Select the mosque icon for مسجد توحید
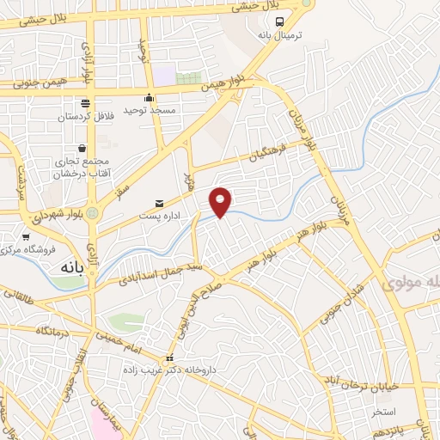(x=150, y=97)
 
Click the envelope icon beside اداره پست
(x=159, y=203)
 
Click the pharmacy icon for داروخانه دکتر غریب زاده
(x=169, y=358)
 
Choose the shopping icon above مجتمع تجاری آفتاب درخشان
(x=82, y=148)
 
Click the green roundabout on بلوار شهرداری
(x=93, y=212)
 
